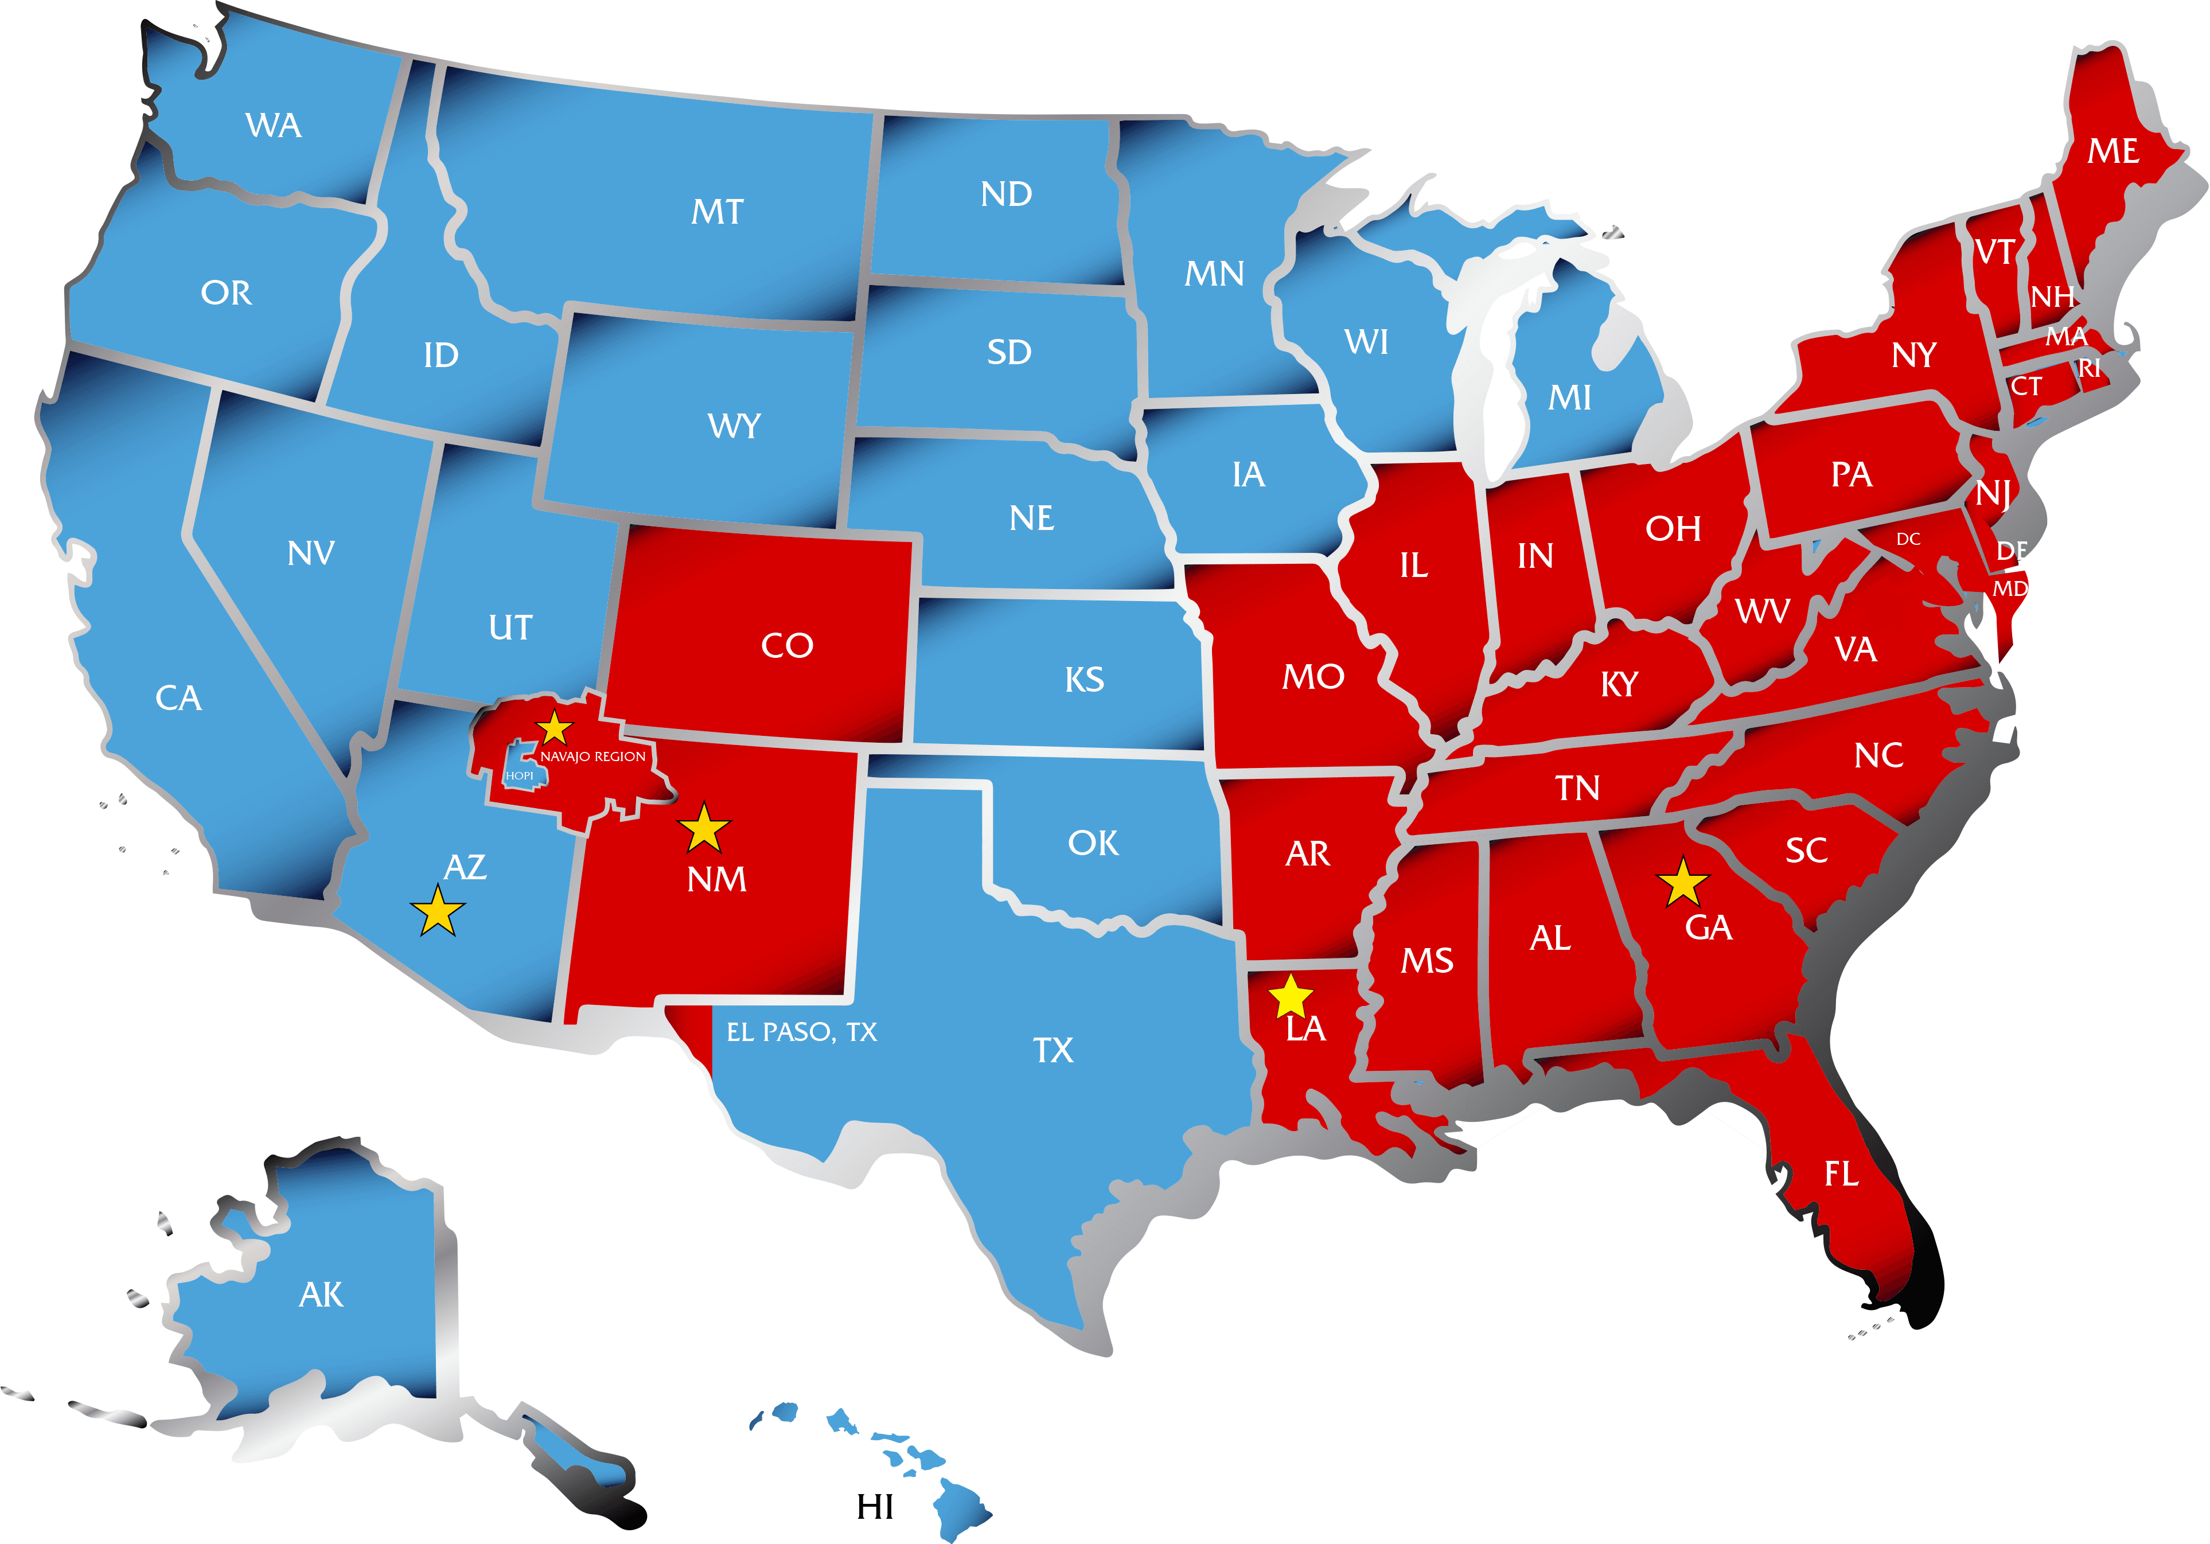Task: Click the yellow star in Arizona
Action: tap(438, 911)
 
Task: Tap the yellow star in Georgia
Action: tap(1682, 883)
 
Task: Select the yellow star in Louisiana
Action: tap(1291, 997)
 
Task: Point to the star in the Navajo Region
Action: tap(555, 728)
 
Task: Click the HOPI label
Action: tap(520, 776)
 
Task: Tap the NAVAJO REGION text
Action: tap(593, 757)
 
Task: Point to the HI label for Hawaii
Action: tap(875, 1507)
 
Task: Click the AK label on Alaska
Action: tap(321, 1295)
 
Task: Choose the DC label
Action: tap(1909, 539)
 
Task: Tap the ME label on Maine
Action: tap(2113, 151)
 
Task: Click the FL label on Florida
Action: tap(1841, 1173)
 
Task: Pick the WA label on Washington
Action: tap(274, 125)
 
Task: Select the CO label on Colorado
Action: tap(788, 645)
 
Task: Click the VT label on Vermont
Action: tap(1994, 252)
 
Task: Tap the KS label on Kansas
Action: tap(1085, 680)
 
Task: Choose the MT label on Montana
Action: tap(717, 212)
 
